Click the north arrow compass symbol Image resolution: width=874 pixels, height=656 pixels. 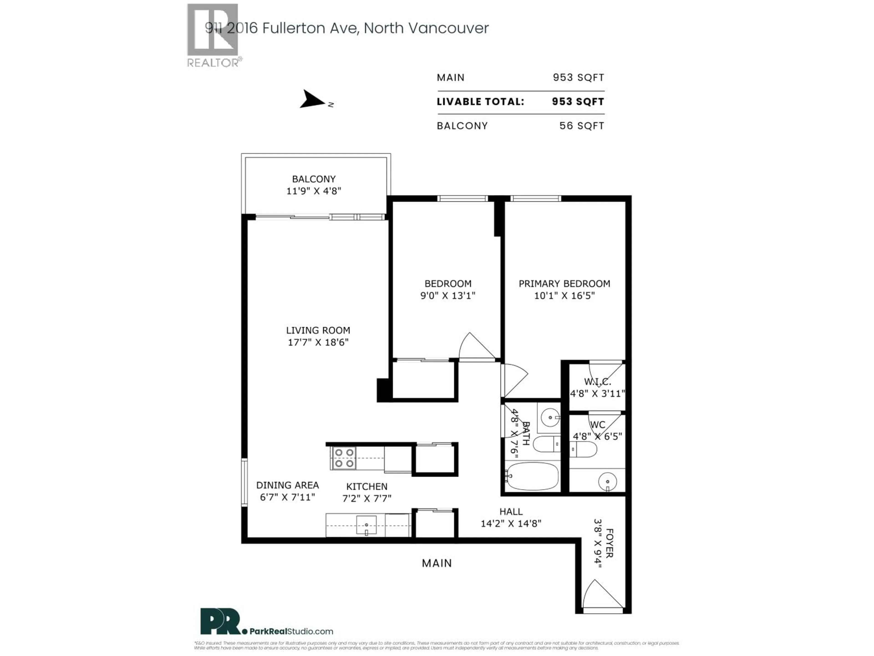click(x=312, y=99)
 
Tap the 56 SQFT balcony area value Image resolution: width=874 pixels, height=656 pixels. click(x=581, y=126)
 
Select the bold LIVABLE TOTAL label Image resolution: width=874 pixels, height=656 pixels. click(x=480, y=102)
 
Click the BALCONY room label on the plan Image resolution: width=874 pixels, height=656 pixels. click(x=314, y=179)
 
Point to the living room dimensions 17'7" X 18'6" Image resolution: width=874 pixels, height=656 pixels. click(x=318, y=342)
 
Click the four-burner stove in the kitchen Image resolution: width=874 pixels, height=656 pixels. click(x=343, y=458)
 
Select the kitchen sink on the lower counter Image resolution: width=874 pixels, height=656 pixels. click(x=366, y=525)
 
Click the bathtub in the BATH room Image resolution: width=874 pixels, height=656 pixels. click(x=532, y=477)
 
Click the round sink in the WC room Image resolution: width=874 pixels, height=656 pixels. click(x=607, y=482)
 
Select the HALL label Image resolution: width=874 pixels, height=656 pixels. click(x=511, y=511)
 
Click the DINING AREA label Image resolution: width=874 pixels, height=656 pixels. click(x=287, y=485)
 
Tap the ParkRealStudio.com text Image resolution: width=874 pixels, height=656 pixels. click(x=291, y=631)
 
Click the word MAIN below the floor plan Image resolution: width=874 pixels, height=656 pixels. click(x=437, y=563)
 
